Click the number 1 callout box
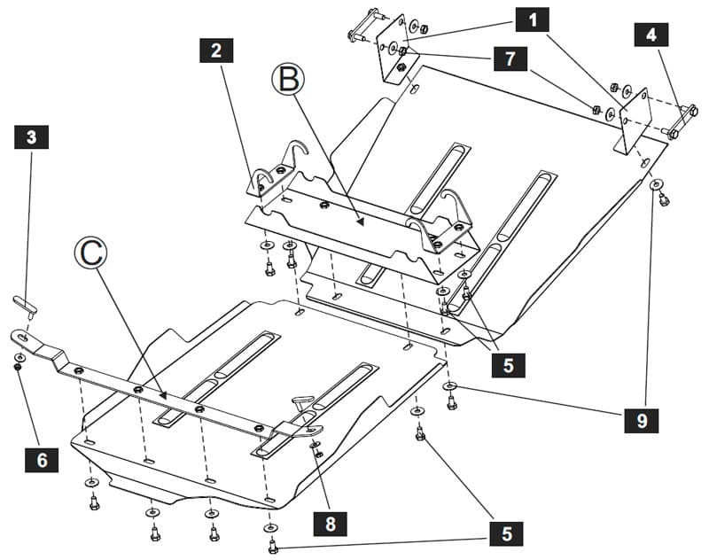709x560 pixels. tap(533, 19)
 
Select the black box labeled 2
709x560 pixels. tap(216, 51)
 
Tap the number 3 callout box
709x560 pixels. tap(31, 137)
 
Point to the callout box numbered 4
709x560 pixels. tap(651, 35)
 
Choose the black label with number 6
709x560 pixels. tap(42, 460)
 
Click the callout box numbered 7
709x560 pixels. tap(510, 58)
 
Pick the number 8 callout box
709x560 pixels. tap(331, 524)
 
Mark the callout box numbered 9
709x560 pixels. tap(641, 421)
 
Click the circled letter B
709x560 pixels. tap(288, 79)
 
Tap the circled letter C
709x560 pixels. tap(91, 253)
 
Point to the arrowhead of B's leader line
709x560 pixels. tap(360, 222)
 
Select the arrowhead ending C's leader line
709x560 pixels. tap(163, 395)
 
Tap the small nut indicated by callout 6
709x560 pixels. tap(18, 367)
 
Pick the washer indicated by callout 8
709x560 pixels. tap(315, 446)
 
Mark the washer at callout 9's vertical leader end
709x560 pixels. tap(656, 184)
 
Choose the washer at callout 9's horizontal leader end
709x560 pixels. tap(450, 385)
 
